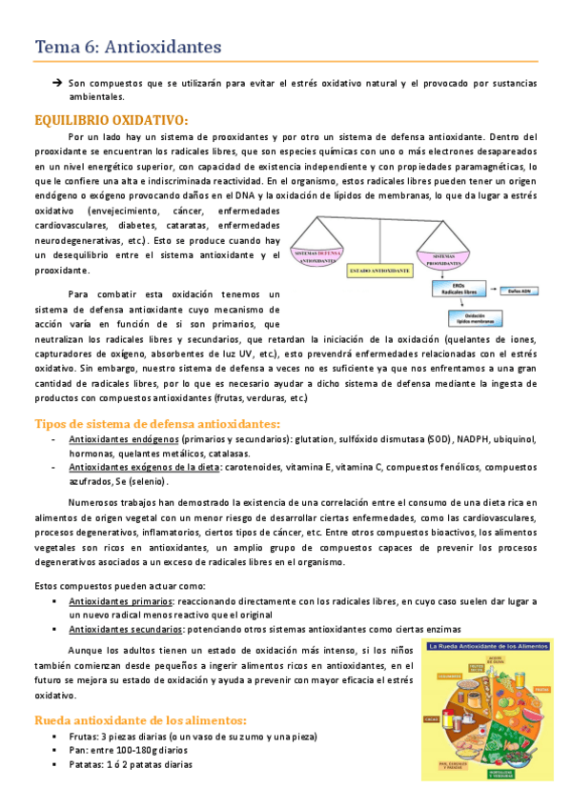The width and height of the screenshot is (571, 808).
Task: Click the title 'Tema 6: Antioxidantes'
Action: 128,46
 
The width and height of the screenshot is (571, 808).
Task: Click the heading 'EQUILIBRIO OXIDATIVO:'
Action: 111,120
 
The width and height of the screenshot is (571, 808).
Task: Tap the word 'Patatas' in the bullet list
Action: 86,764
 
